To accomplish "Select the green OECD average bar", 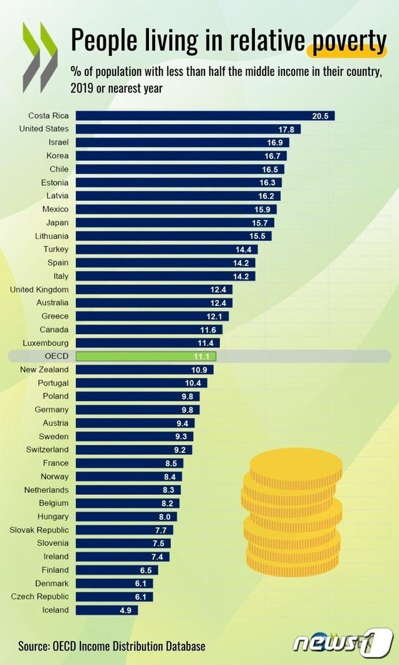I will [146, 356].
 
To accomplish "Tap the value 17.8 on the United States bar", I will [287, 129].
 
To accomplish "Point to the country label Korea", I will [58, 156].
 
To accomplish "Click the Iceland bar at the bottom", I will [106, 610].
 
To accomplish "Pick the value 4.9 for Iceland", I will [126, 610].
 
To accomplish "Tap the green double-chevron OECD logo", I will [40, 57].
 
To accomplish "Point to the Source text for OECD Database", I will [112, 646].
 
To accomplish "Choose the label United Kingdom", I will [39, 289].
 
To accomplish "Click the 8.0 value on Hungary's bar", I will [165, 517].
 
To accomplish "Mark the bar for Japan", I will [175, 222].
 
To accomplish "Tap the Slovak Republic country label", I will [39, 530].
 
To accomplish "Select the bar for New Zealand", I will [144, 370].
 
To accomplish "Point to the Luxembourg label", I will [46, 343].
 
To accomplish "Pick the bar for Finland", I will [117, 570].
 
